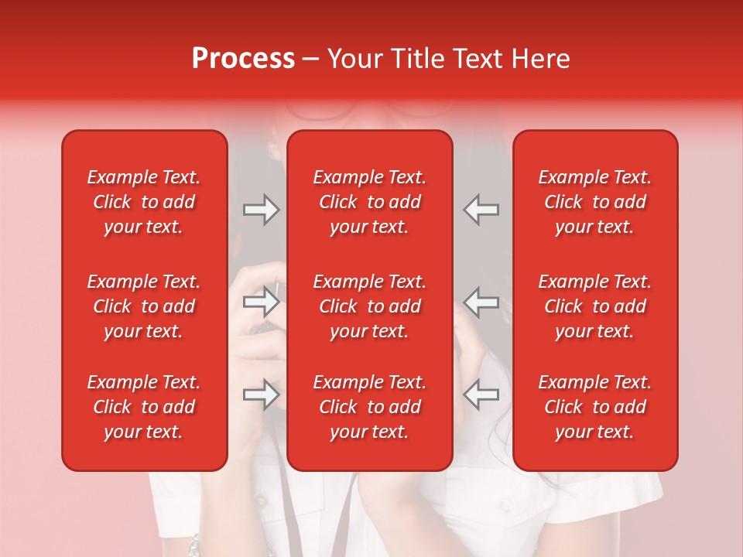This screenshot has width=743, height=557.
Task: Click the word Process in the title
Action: [x=243, y=59]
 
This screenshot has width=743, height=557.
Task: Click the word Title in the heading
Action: [x=415, y=59]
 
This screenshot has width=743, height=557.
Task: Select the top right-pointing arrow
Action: [x=261, y=210]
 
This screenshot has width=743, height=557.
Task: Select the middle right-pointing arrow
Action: [x=261, y=302]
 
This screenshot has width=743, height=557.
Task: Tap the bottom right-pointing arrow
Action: [x=261, y=395]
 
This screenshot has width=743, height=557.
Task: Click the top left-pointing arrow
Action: [x=481, y=210]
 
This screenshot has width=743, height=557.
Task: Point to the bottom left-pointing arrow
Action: [x=481, y=395]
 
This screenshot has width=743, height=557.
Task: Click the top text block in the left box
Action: [x=144, y=202]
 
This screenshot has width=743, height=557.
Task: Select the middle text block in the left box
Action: [x=144, y=306]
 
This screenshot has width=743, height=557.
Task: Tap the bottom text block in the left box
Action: [x=144, y=407]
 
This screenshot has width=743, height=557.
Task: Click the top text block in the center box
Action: [x=369, y=202]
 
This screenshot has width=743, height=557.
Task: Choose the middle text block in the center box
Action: [x=369, y=306]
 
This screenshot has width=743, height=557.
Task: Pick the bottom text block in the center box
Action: [x=369, y=407]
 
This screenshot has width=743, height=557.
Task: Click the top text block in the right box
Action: [x=594, y=202]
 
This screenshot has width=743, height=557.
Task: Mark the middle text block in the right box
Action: [x=594, y=306]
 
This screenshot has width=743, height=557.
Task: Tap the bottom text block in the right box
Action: [x=594, y=407]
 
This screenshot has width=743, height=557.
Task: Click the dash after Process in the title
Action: [x=310, y=60]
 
